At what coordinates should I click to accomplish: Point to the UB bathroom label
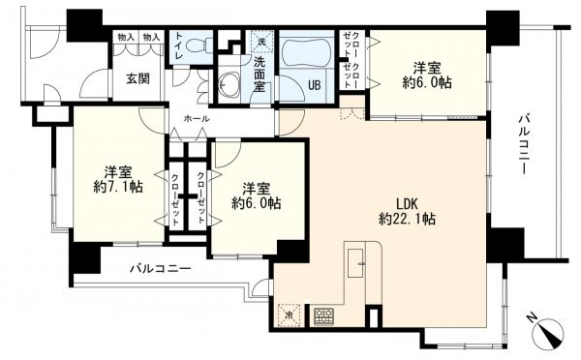pos(314,83)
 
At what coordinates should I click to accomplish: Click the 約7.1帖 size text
pos(116,186)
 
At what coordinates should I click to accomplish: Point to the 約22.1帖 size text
pos(408,221)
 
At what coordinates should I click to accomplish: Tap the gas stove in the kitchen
pos(322,315)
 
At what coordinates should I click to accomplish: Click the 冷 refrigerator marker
pos(289,315)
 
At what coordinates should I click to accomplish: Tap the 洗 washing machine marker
pos(260,42)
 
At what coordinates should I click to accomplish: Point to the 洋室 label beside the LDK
pos(256,187)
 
